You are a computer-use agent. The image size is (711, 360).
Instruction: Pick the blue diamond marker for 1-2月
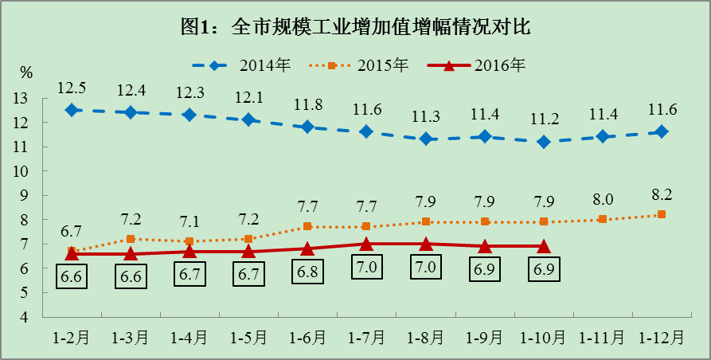click(72, 110)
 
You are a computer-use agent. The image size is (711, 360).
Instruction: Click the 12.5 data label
click(72, 87)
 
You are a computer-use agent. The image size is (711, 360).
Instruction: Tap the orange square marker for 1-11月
click(603, 219)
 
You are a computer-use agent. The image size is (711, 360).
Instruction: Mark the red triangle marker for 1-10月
click(544, 246)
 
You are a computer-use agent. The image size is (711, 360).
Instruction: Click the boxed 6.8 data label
click(307, 271)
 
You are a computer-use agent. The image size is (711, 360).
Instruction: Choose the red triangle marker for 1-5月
click(248, 252)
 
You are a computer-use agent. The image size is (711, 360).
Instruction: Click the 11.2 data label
click(544, 119)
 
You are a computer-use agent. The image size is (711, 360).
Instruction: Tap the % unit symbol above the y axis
click(26, 73)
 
